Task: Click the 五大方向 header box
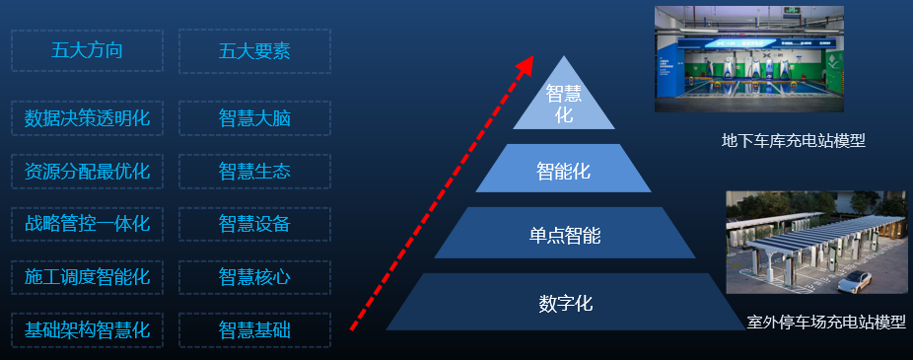(87, 51)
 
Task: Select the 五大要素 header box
(254, 51)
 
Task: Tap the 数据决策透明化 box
(87, 118)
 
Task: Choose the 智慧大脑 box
(254, 118)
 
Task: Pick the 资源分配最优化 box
(87, 172)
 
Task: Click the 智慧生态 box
(254, 172)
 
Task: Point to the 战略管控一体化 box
(87, 224)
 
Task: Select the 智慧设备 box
(254, 224)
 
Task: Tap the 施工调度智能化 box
(87, 277)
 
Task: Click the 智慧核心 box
(254, 277)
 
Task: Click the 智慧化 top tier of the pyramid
(564, 104)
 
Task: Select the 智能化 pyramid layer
(564, 170)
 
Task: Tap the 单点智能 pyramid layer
(564, 235)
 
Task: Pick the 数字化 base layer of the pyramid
(565, 303)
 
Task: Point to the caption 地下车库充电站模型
(793, 141)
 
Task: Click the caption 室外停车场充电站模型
(825, 323)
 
